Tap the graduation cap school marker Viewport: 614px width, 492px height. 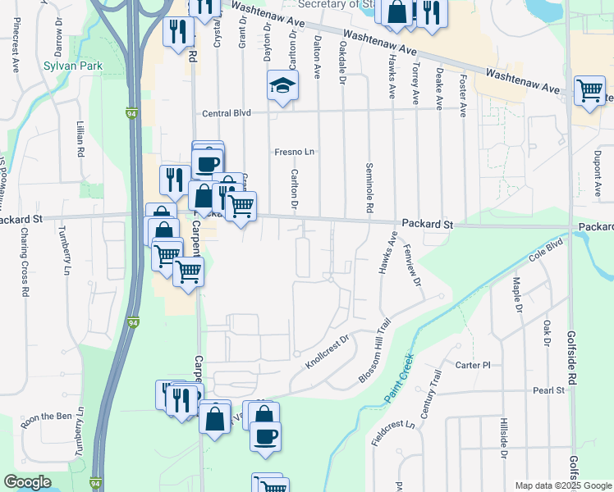[x=282, y=86]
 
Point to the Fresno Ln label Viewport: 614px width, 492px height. [x=295, y=152]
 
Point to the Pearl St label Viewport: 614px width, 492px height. [x=548, y=390]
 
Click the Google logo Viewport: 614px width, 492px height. [x=27, y=482]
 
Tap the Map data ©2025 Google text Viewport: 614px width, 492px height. [x=562, y=485]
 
